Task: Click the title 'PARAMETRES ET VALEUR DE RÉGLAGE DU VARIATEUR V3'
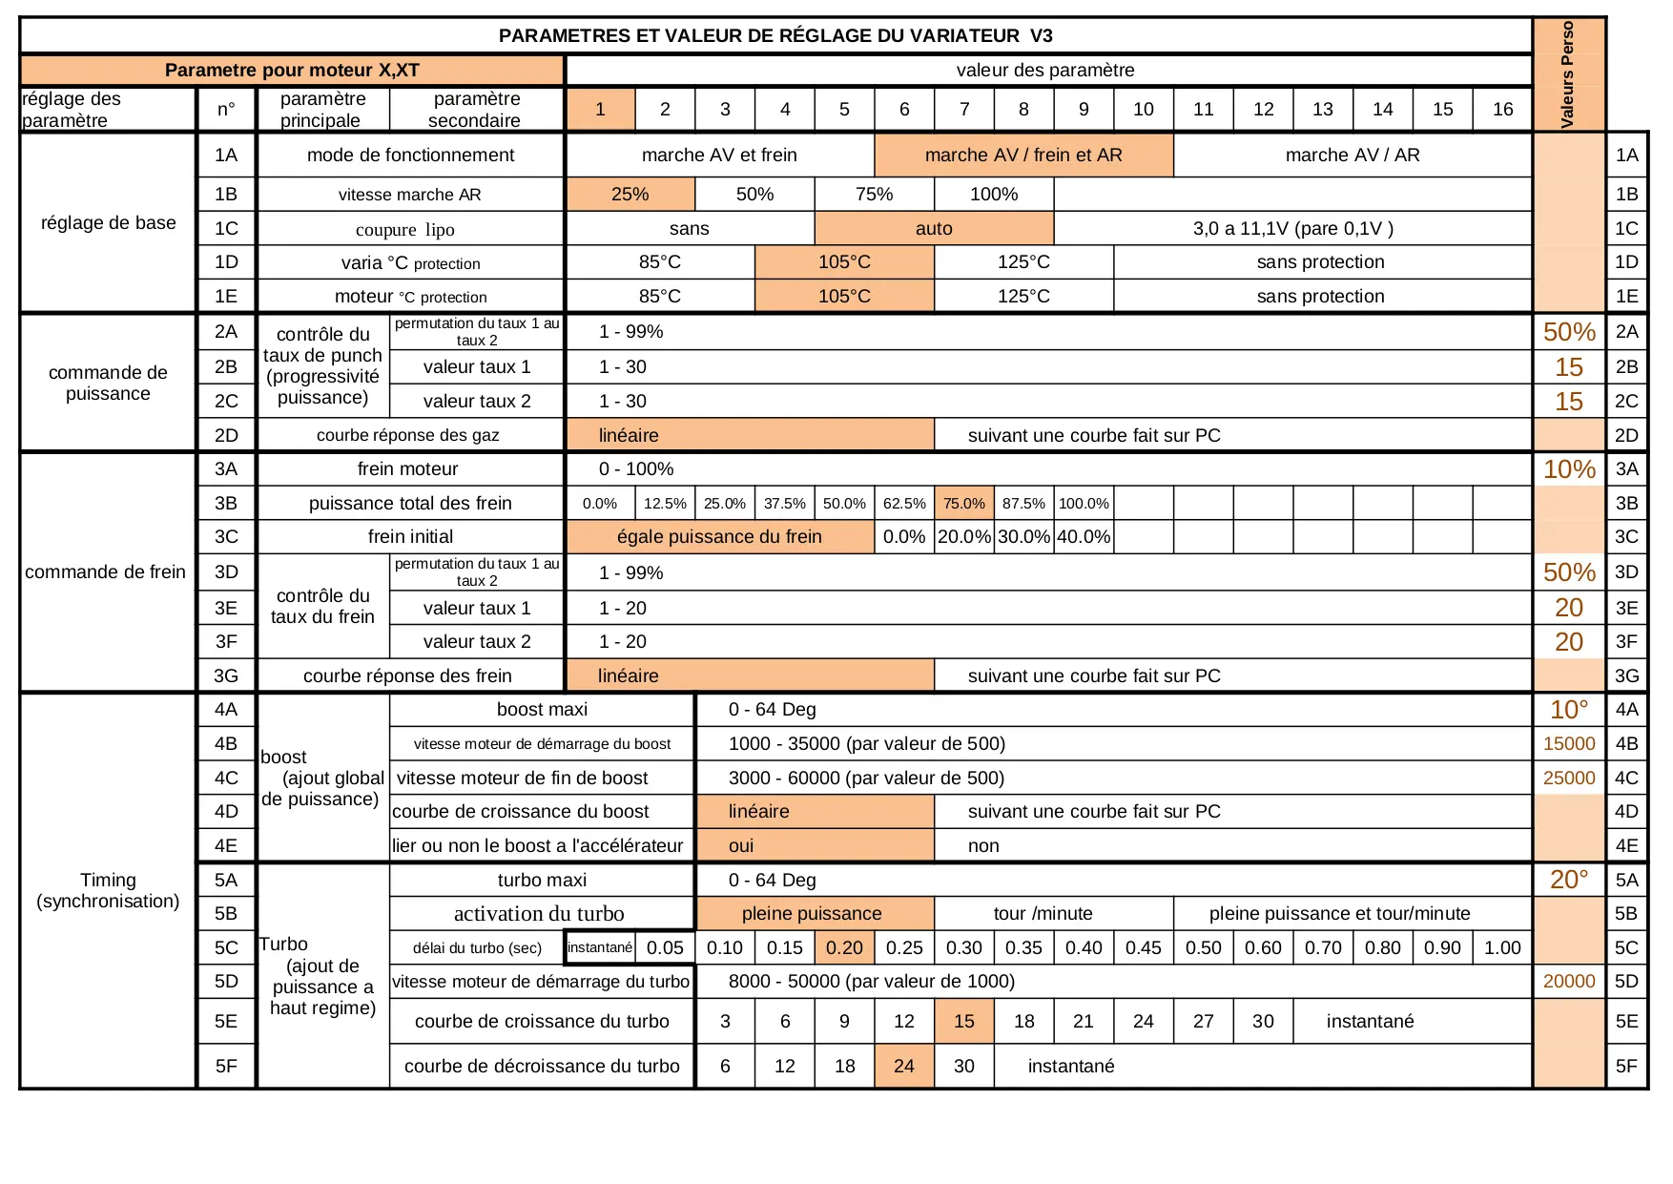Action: (775, 36)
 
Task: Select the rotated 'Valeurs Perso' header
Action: (1567, 74)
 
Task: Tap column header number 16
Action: (1502, 110)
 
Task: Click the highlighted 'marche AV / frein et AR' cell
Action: (1023, 156)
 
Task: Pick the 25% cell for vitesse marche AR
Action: (630, 195)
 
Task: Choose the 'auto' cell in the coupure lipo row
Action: (934, 229)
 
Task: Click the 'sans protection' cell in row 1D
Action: (1320, 262)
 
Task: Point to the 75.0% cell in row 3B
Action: (963, 504)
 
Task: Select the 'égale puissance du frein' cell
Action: (719, 537)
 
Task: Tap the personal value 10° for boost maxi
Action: (1569, 710)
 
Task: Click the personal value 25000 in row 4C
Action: (1569, 779)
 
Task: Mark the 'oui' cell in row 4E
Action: (741, 846)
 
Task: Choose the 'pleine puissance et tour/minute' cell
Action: (1339, 914)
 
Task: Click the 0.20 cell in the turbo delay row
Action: (844, 948)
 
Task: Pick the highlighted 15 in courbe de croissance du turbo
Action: (963, 1022)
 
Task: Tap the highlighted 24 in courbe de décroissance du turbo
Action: (903, 1067)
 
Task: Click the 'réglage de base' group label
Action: (108, 223)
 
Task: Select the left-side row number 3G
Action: (226, 676)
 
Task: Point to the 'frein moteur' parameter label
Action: (407, 469)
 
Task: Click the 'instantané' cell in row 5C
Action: (599, 948)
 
